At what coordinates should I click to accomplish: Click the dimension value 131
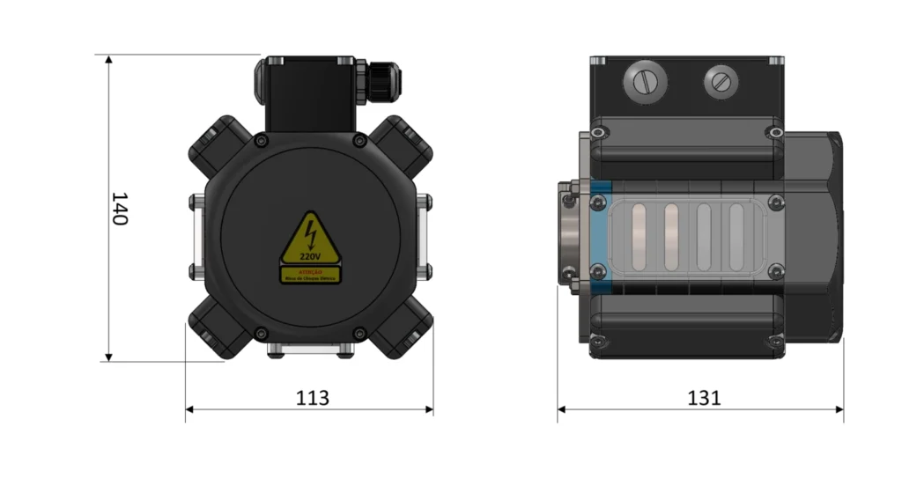(704, 398)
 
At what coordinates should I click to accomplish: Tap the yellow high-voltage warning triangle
(310, 240)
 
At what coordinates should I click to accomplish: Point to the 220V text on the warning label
(310, 257)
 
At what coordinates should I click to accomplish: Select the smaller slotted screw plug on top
(721, 83)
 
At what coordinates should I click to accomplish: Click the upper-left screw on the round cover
(259, 142)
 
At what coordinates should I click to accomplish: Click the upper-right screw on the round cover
(359, 142)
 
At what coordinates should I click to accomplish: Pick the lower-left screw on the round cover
(260, 333)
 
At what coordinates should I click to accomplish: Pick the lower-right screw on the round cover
(359, 333)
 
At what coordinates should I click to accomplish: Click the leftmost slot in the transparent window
(639, 236)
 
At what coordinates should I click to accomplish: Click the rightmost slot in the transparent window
(736, 236)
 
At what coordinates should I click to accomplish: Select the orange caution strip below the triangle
(310, 276)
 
